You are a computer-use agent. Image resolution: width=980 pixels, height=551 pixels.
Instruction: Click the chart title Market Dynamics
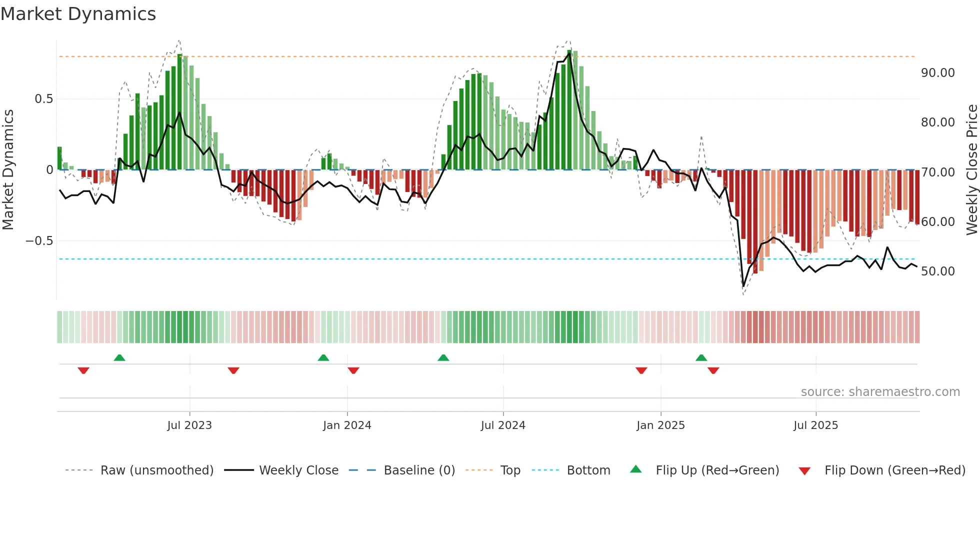coord(78,14)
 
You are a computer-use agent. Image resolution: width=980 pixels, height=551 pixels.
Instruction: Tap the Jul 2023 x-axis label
coord(189,425)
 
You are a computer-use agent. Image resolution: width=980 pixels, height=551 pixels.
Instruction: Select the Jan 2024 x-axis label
coord(347,425)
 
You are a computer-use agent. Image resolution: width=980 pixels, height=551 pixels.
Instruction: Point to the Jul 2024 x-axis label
coord(503,425)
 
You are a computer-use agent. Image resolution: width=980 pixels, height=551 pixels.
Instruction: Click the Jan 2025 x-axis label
coord(660,425)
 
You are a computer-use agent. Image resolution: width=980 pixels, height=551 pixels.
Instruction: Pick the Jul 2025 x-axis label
coord(815,425)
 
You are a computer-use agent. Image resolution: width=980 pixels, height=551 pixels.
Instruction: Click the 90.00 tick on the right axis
coord(937,73)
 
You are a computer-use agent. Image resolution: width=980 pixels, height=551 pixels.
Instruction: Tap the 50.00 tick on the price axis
coord(937,271)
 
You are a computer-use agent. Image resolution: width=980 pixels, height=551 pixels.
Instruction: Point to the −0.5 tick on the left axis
coord(39,241)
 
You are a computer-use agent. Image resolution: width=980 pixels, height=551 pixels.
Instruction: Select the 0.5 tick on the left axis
coord(43,99)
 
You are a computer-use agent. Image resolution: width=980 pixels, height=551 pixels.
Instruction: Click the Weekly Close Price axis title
coord(971,169)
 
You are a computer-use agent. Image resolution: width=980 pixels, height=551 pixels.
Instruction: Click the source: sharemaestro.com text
coord(880,392)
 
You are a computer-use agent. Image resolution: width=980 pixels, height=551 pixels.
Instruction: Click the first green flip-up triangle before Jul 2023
coord(119,358)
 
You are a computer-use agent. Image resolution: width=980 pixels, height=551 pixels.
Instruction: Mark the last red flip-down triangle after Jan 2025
coord(713,370)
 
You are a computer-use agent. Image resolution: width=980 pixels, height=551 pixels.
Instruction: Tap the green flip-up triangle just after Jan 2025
coord(701,358)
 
